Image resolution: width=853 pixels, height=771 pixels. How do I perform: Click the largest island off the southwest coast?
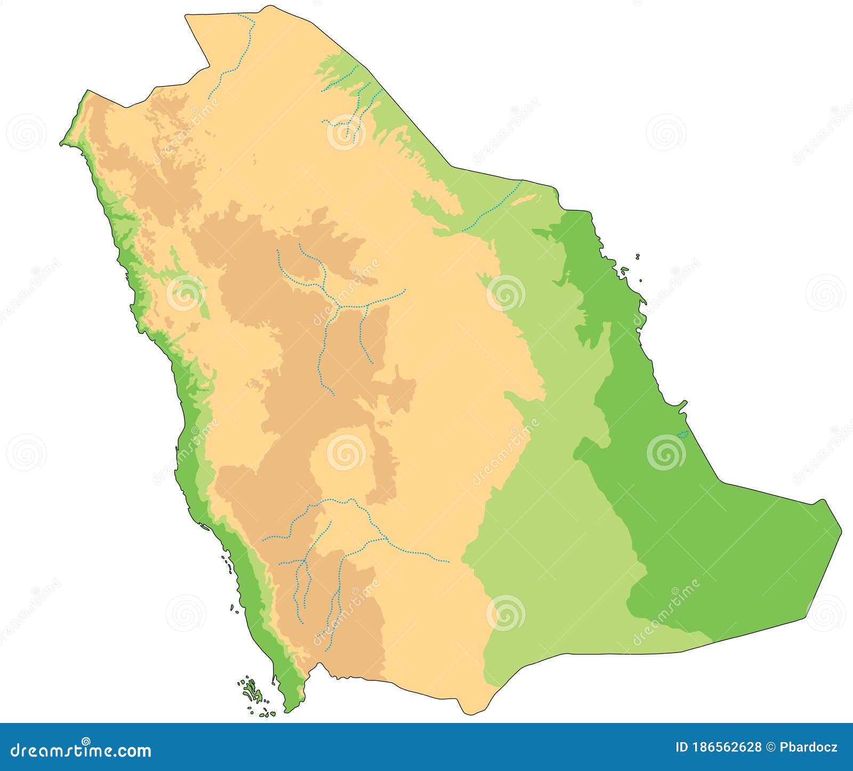point(251,691)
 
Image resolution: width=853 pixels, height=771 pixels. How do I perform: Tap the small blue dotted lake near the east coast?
point(682,434)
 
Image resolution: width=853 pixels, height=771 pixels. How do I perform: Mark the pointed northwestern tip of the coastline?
point(61,144)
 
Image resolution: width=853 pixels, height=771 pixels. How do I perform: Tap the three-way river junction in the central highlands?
point(339,306)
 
